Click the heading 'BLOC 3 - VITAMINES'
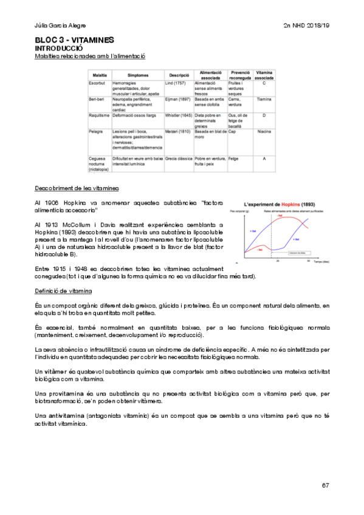tap(75, 40)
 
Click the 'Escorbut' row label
tap(98, 82)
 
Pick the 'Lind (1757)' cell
tap(176, 82)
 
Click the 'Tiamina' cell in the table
tap(264, 98)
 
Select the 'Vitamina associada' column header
tap(264, 75)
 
